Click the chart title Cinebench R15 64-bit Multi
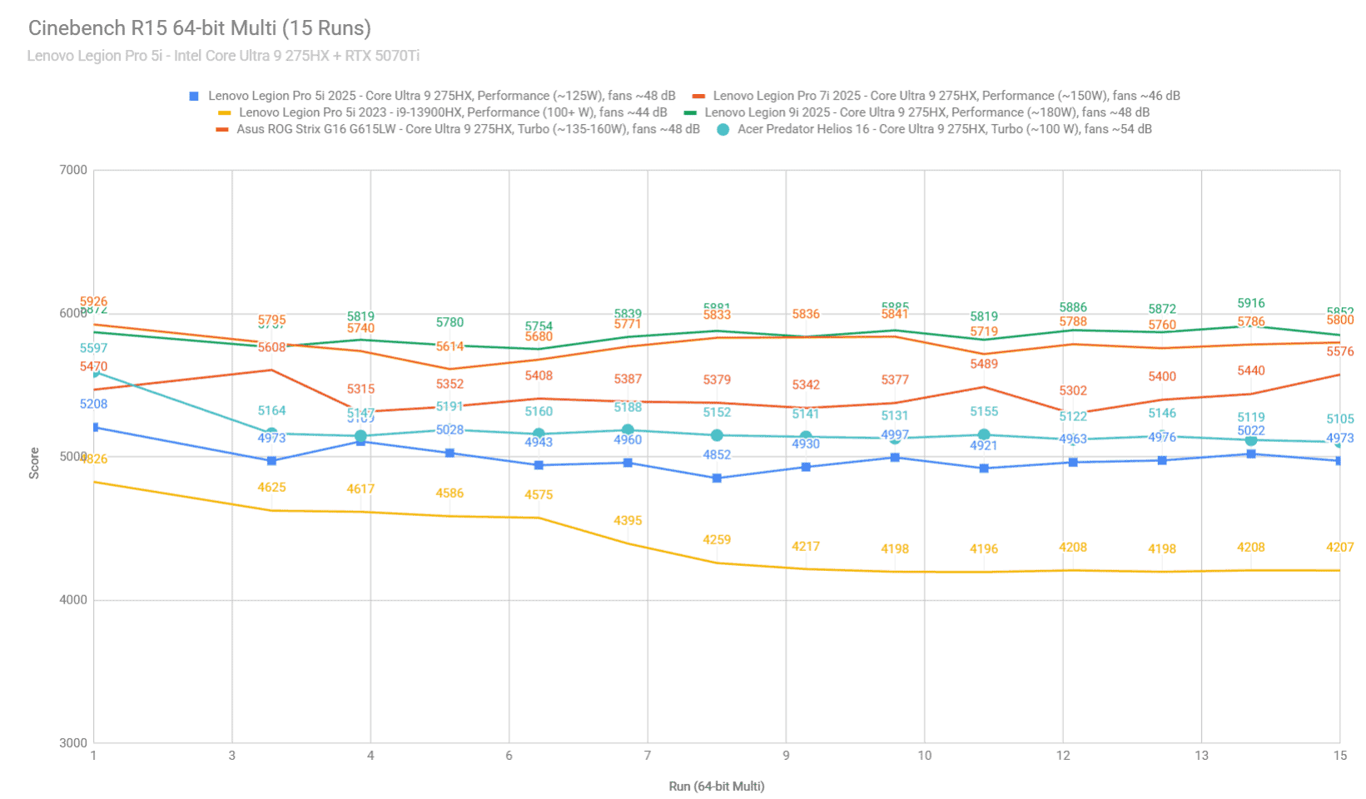pos(200,28)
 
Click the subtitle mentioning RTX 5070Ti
pos(223,56)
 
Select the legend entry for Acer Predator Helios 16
pos(944,129)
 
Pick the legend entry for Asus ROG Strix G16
pos(468,129)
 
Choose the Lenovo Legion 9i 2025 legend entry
pos(926,112)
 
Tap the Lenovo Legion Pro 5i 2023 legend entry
pos(453,112)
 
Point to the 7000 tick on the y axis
pos(73,170)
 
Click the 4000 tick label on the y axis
pos(73,600)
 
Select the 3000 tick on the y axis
pos(73,743)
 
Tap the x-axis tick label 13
pos(1201,756)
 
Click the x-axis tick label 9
pos(786,756)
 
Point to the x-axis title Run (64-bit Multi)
pos(717,787)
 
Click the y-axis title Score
pos(34,463)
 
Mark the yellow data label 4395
pos(628,521)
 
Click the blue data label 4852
pos(717,455)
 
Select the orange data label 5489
pos(984,365)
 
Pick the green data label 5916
pos(1251,304)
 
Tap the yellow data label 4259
pos(717,540)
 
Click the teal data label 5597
pos(93,349)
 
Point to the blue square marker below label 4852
pos(717,479)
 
